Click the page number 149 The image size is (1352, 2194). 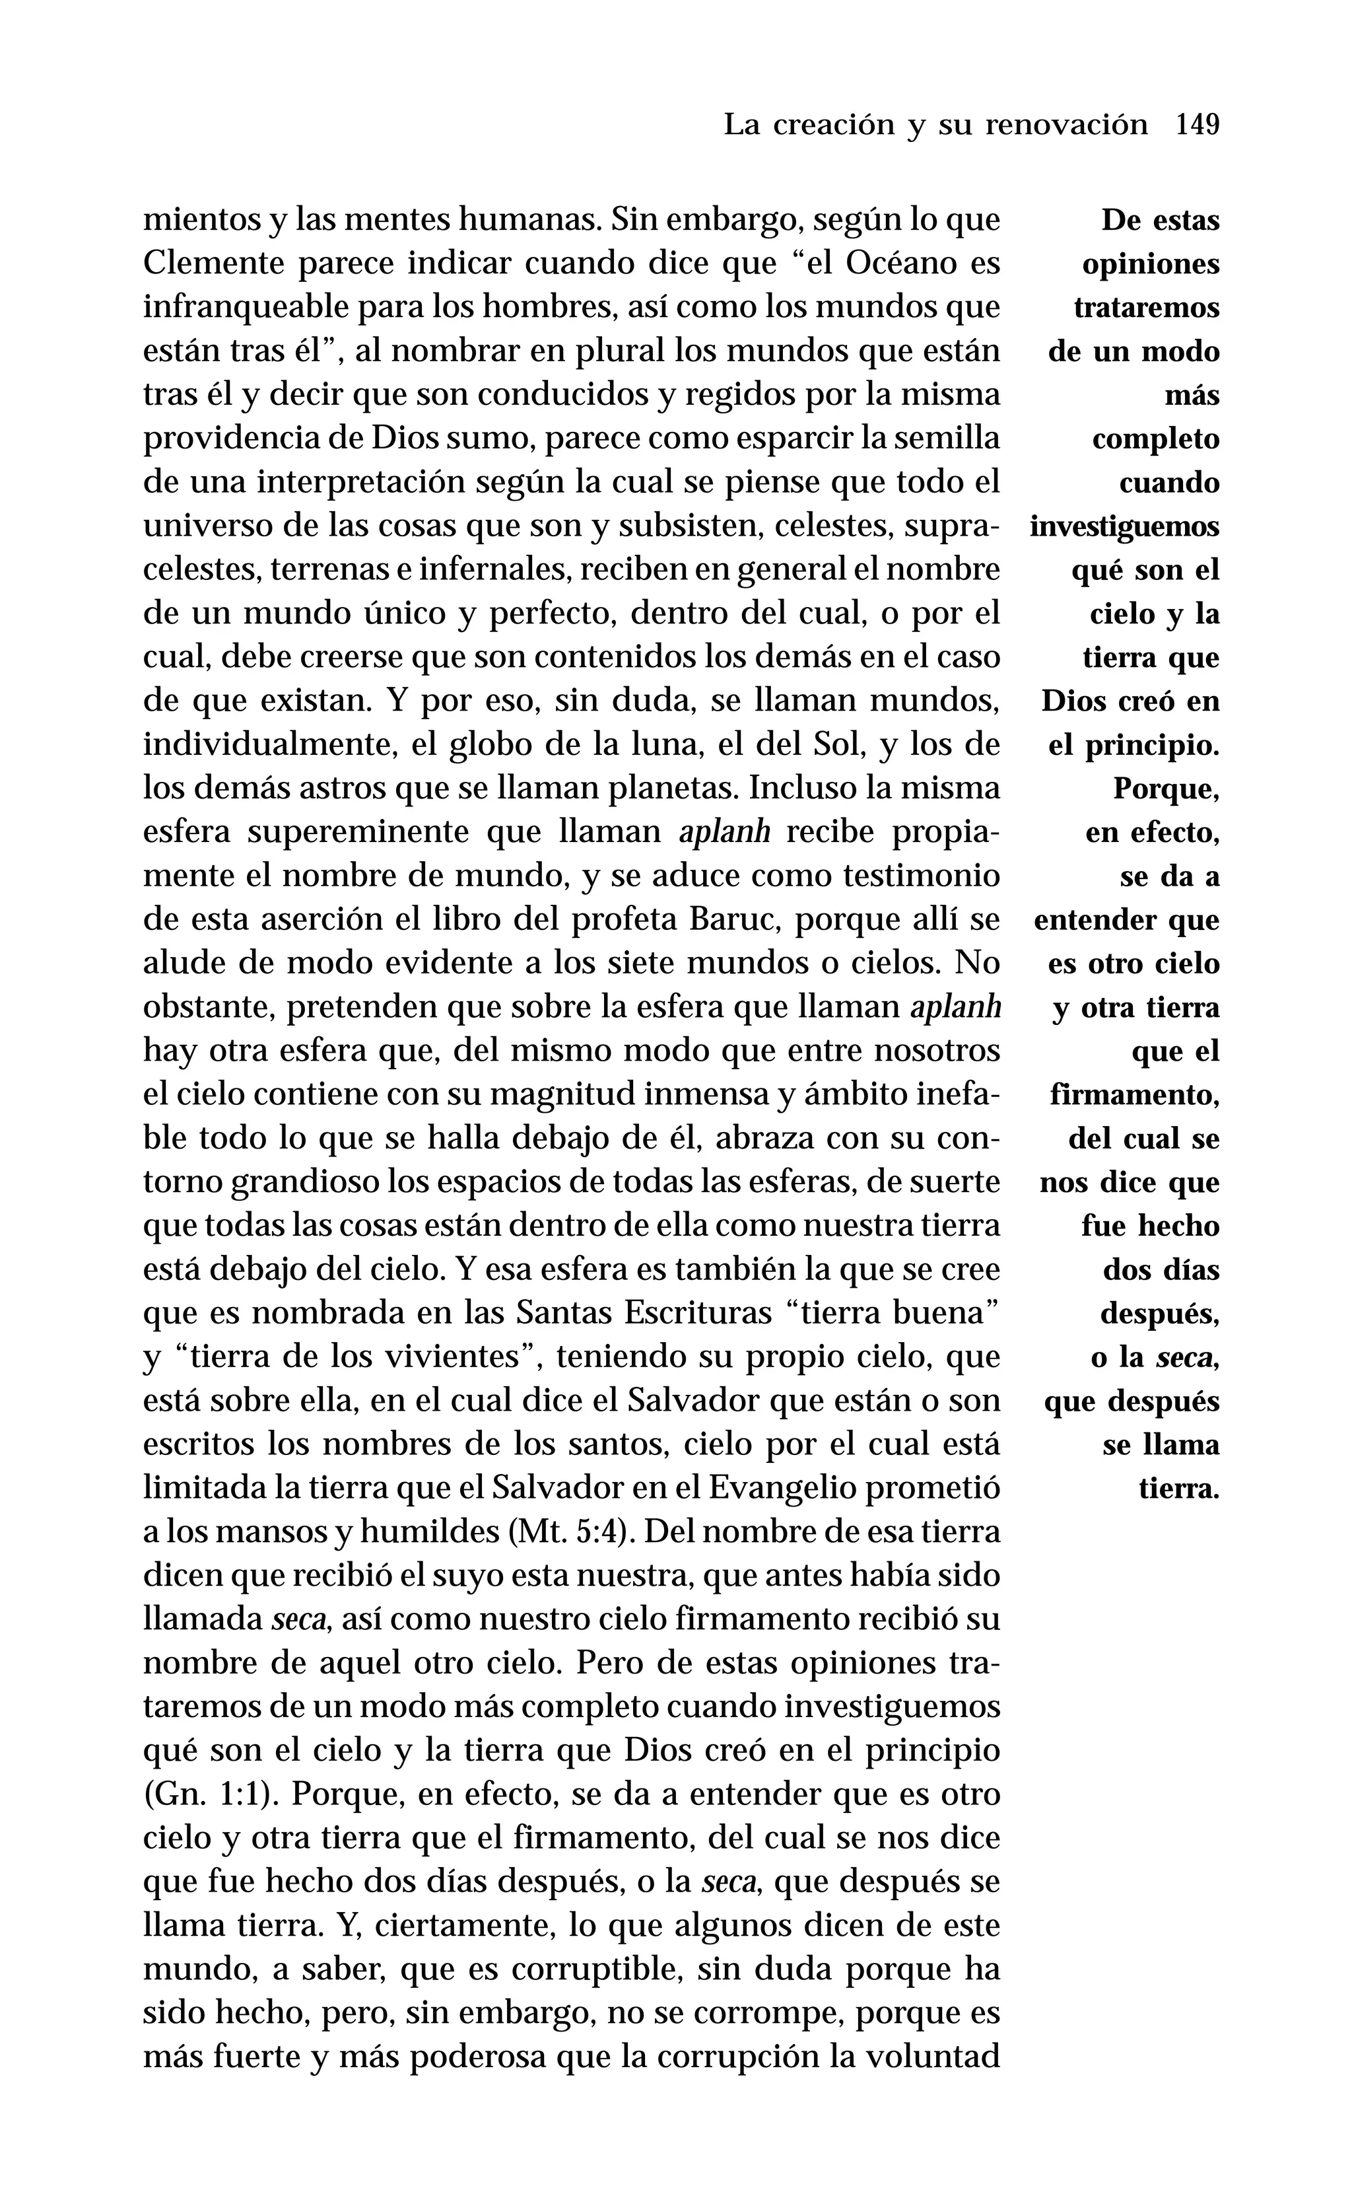(x=1198, y=124)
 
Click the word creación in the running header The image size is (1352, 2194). (x=833, y=124)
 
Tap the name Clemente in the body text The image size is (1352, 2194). (x=212, y=264)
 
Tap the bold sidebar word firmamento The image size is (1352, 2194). (x=1134, y=1095)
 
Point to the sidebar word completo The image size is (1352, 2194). (x=1155, y=439)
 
